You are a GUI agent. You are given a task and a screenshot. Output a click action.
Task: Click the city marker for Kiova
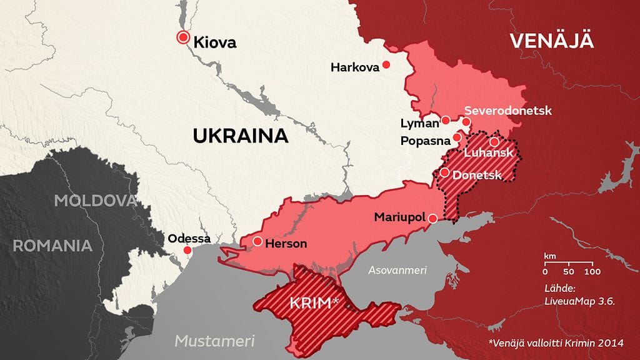[183, 37]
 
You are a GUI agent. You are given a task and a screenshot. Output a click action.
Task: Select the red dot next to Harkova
[387, 64]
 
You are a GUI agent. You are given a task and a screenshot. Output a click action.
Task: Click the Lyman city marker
[446, 120]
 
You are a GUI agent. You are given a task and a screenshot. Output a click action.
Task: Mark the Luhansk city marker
[494, 142]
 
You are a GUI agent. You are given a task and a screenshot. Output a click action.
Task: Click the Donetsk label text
[477, 175]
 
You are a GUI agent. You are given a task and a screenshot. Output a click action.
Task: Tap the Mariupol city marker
[433, 218]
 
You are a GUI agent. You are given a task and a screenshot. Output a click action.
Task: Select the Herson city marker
[257, 241]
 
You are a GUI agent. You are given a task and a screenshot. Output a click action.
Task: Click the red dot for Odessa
[187, 250]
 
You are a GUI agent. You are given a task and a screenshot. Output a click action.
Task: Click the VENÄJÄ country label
[551, 41]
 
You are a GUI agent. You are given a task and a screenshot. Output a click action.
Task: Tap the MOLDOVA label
[95, 201]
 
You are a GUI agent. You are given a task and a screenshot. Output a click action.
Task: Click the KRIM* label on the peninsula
[314, 304]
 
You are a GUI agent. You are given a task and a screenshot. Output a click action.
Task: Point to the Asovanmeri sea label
[397, 270]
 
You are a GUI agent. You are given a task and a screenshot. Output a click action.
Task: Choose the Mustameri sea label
[214, 341]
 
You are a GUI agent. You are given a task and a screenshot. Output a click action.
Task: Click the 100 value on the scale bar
[592, 272]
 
